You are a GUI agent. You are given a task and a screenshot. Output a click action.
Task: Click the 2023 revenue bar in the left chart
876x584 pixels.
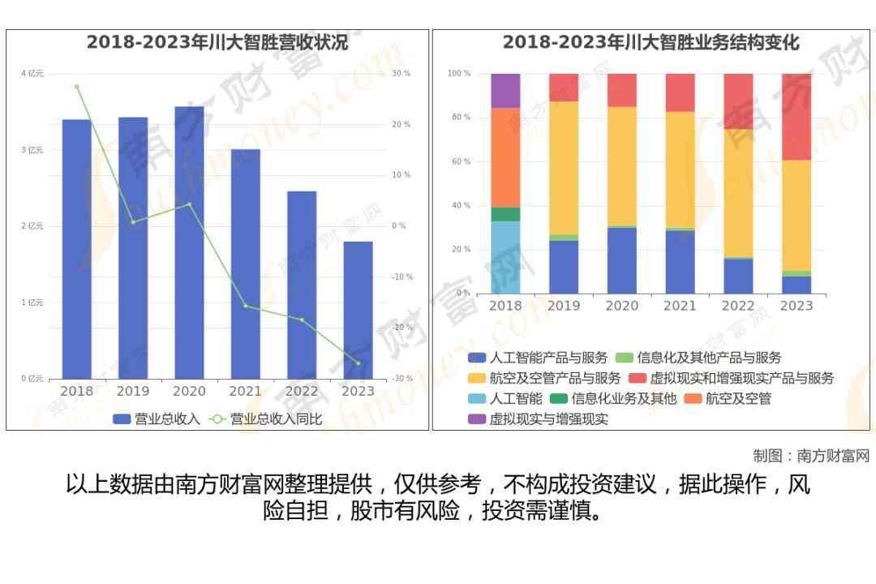point(358,310)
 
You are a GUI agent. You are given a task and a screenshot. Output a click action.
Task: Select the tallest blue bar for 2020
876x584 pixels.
point(189,243)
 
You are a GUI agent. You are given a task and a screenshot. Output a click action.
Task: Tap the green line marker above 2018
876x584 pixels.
point(77,87)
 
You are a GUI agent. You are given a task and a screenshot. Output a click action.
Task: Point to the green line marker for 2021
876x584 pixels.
point(245,306)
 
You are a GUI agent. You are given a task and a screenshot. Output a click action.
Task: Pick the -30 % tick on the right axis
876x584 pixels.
point(401,379)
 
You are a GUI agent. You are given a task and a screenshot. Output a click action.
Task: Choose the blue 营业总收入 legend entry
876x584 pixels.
point(157,419)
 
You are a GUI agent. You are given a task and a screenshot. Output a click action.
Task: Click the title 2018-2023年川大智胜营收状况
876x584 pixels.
point(217,42)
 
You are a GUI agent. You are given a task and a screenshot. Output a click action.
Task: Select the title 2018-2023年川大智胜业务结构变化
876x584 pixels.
point(651,42)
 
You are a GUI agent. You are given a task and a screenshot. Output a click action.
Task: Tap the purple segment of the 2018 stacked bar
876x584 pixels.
point(505,91)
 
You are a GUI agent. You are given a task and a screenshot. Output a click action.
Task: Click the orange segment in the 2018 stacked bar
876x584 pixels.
point(505,157)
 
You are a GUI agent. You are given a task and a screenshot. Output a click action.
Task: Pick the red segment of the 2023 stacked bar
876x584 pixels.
point(796,117)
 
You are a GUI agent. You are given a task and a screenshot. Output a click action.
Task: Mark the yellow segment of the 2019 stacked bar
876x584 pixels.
point(564,168)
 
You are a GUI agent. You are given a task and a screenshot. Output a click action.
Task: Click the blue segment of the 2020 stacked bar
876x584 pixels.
point(622,260)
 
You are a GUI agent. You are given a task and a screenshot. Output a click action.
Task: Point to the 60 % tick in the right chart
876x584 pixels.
point(459,161)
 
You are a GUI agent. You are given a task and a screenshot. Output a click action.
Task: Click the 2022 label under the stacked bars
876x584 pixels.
point(738,306)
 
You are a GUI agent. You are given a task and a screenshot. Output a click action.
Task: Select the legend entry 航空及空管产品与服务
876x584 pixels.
point(544,378)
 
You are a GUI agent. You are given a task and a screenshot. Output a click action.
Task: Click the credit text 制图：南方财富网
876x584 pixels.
point(810,456)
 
